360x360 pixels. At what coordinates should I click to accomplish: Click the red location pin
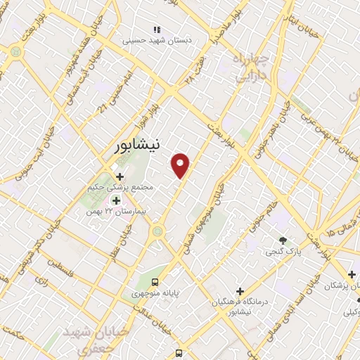pyautogui.click(x=181, y=165)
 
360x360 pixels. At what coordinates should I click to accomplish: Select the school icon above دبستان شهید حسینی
pyautogui.click(x=157, y=30)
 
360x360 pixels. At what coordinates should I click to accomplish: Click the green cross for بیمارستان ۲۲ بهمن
pyautogui.click(x=116, y=201)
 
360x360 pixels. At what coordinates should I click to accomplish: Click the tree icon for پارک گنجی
pyautogui.click(x=283, y=240)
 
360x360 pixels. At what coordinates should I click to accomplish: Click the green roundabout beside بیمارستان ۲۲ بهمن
pyautogui.click(x=158, y=230)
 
